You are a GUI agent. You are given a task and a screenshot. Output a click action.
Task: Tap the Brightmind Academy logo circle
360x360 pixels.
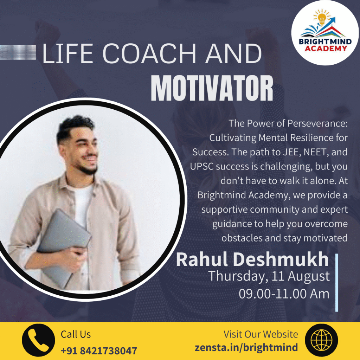coord(324,32)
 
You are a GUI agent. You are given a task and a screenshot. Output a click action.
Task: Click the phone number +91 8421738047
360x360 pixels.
coord(99,350)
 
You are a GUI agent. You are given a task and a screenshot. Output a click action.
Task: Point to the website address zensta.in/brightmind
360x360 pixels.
coord(246,347)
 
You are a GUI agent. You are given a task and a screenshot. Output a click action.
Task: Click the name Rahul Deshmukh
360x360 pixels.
coord(252,259)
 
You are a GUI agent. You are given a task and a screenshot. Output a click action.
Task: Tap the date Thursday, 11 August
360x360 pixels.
coord(269,276)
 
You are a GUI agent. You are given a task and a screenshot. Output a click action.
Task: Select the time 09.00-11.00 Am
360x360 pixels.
coord(284,293)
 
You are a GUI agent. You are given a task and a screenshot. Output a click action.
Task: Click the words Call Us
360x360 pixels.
coord(76,334)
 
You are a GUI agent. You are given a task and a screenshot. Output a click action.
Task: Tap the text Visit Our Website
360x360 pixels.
coord(261,334)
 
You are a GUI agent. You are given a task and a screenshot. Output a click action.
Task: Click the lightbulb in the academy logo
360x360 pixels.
coord(321,18)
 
